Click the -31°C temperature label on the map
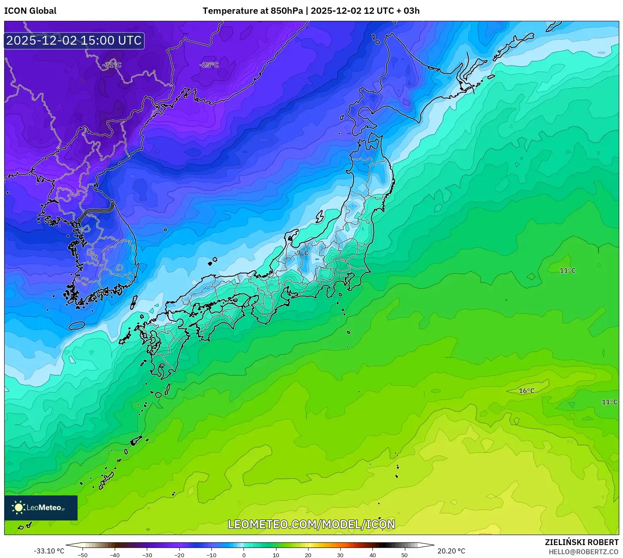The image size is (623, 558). click(x=112, y=65)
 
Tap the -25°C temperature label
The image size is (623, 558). click(x=209, y=65)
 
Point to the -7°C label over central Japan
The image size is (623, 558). click(x=301, y=253)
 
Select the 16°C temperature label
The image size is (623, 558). click(x=526, y=391)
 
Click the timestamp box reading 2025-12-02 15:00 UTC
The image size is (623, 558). click(x=74, y=40)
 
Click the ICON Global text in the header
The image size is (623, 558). click(x=30, y=11)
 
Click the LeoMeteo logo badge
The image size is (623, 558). click(x=41, y=508)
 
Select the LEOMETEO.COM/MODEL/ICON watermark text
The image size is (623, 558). click(x=311, y=524)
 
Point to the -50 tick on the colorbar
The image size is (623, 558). click(x=83, y=555)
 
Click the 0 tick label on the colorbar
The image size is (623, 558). click(x=244, y=555)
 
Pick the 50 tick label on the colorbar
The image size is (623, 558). click(x=404, y=555)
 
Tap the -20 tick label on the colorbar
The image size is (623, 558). click(x=179, y=555)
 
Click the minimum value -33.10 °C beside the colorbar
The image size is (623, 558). click(x=49, y=551)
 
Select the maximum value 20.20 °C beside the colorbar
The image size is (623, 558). click(x=451, y=551)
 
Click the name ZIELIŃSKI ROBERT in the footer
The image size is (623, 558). click(x=582, y=542)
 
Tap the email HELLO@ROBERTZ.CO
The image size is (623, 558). click(x=583, y=552)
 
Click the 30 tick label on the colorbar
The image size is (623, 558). click(x=340, y=555)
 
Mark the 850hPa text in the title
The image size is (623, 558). click(x=287, y=11)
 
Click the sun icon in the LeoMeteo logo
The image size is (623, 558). click(x=18, y=508)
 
